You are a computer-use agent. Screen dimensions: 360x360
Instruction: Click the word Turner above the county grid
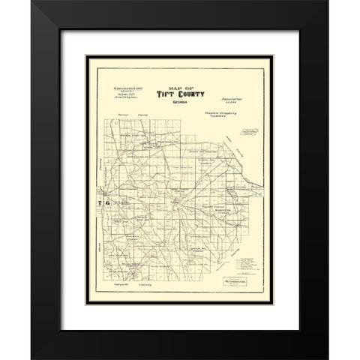(x=124, y=115)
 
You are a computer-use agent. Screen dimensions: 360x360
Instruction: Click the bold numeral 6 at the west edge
(x=107, y=203)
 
